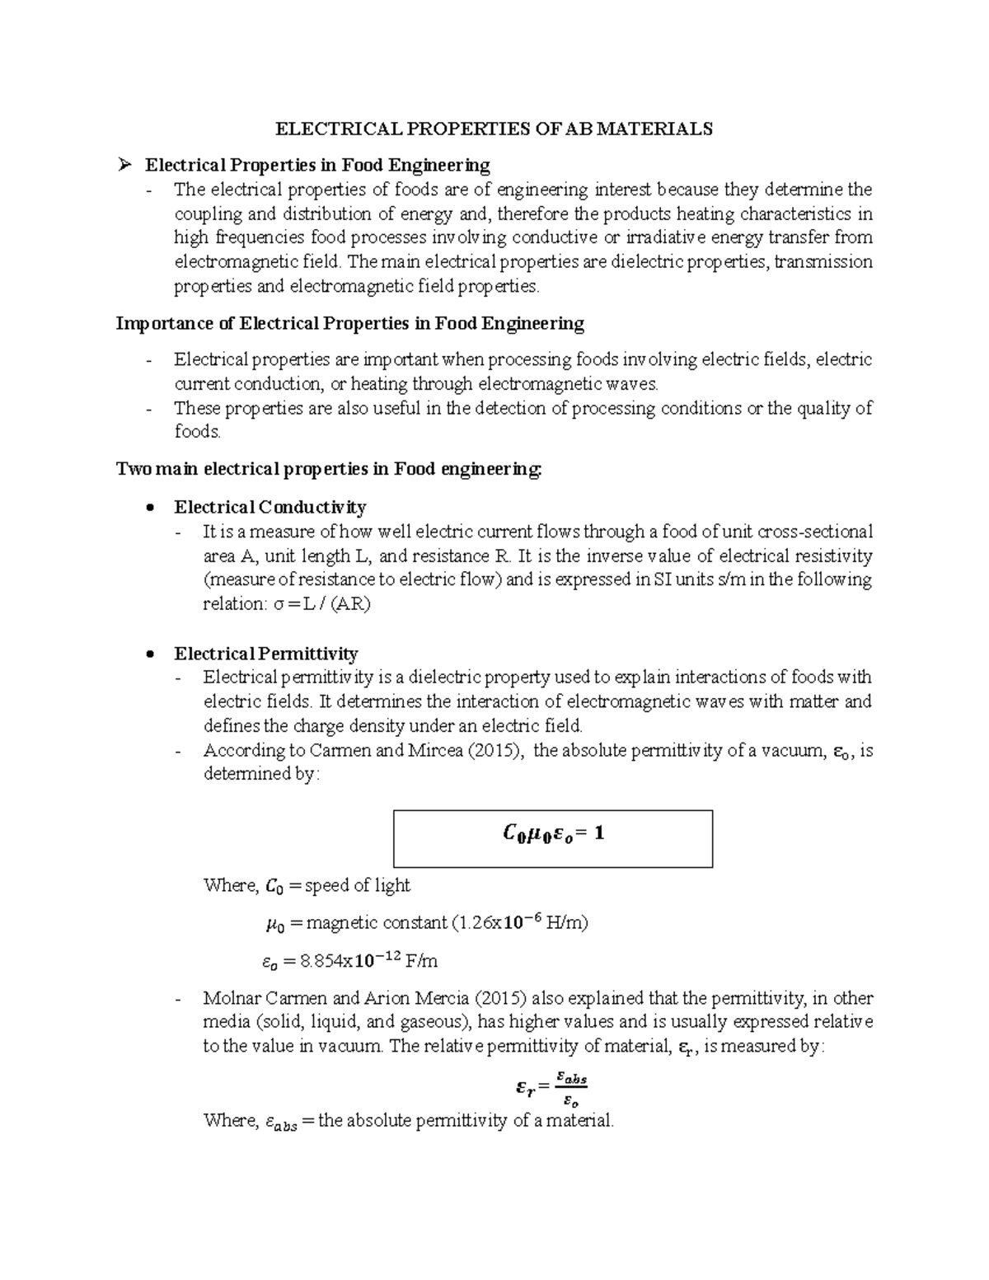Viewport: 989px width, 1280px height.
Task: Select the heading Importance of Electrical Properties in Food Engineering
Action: click(350, 323)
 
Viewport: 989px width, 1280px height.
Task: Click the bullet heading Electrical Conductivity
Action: click(270, 507)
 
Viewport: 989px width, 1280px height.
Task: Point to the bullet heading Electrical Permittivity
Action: click(265, 654)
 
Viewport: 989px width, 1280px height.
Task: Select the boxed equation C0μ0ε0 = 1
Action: click(553, 834)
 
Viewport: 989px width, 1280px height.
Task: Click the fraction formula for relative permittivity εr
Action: click(551, 1088)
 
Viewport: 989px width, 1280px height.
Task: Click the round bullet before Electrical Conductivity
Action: click(149, 508)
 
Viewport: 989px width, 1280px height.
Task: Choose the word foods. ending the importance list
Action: click(198, 432)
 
